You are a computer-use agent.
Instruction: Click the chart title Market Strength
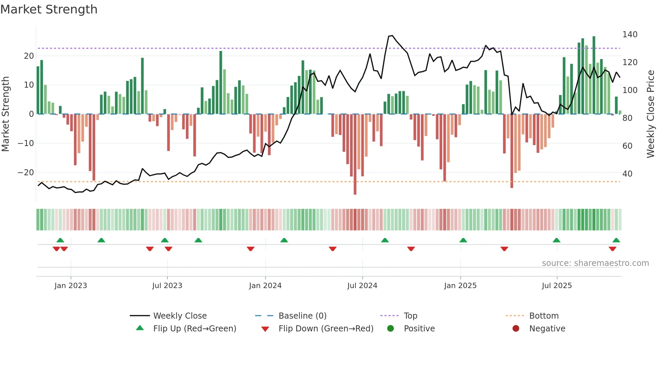49,9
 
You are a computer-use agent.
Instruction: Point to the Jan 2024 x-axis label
265,286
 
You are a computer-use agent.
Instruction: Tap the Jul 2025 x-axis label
556,286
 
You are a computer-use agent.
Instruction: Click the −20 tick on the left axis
26,173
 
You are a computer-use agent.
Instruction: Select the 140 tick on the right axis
630,35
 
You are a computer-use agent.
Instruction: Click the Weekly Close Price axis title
651,114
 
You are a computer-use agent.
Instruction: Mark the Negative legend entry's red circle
515,328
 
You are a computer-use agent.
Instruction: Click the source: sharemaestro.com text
595,263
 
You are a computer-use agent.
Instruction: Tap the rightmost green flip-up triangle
616,240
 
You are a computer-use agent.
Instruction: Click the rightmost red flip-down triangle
612,249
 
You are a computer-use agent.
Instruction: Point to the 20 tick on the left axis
29,56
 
